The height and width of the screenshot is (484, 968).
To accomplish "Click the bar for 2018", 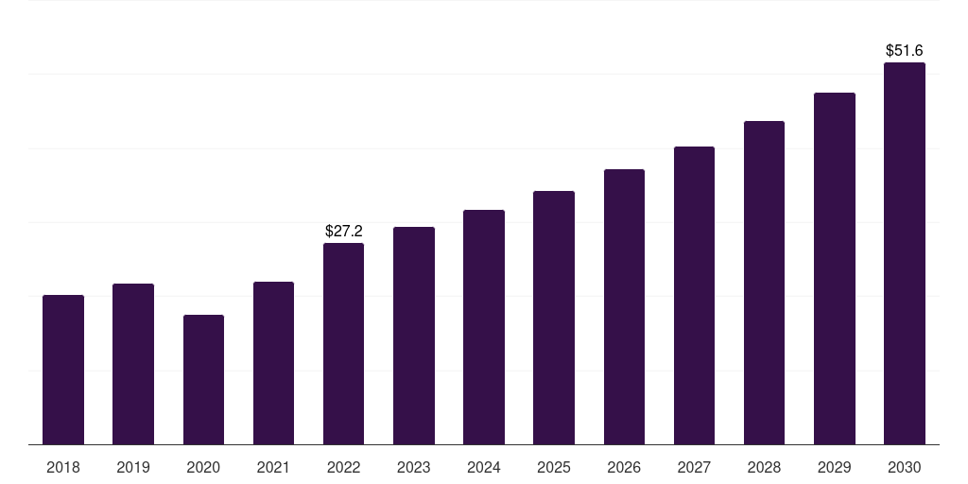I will (63, 370).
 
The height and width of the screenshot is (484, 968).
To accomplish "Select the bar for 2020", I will (203, 379).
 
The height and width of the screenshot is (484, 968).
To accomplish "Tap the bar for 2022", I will (343, 343).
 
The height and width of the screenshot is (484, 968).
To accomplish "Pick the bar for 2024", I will (484, 327).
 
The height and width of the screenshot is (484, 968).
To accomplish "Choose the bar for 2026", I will (624, 306).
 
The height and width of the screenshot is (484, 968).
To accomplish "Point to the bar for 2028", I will (764, 283).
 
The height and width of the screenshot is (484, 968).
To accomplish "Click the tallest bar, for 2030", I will (905, 253).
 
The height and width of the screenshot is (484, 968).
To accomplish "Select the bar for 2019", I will (133, 364).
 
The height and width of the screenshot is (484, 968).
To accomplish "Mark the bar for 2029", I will (835, 268).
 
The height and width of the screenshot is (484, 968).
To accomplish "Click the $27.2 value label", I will (343, 231).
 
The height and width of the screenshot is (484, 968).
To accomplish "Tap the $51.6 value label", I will (905, 50).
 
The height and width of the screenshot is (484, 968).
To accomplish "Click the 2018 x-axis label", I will (63, 467).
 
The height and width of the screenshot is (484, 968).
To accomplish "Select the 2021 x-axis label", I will (273, 467).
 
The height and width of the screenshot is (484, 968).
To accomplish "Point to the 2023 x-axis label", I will (414, 467).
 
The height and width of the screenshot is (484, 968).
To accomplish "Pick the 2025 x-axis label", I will (554, 467).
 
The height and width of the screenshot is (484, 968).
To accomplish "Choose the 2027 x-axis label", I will (694, 467).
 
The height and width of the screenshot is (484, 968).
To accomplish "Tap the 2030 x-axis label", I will (905, 467).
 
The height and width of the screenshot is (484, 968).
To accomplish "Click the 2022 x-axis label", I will (343, 467).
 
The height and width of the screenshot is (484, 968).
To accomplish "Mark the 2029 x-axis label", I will (835, 467).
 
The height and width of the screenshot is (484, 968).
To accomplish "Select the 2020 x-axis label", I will (203, 467).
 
